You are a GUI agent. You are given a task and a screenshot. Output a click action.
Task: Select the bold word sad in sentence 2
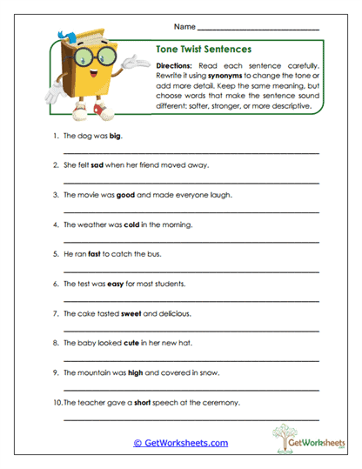(97, 164)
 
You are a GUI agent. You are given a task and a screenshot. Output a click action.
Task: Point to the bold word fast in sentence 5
(94, 254)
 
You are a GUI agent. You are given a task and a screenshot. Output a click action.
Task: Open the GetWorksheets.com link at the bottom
(181, 443)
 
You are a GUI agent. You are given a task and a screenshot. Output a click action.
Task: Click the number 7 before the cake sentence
(55, 313)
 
